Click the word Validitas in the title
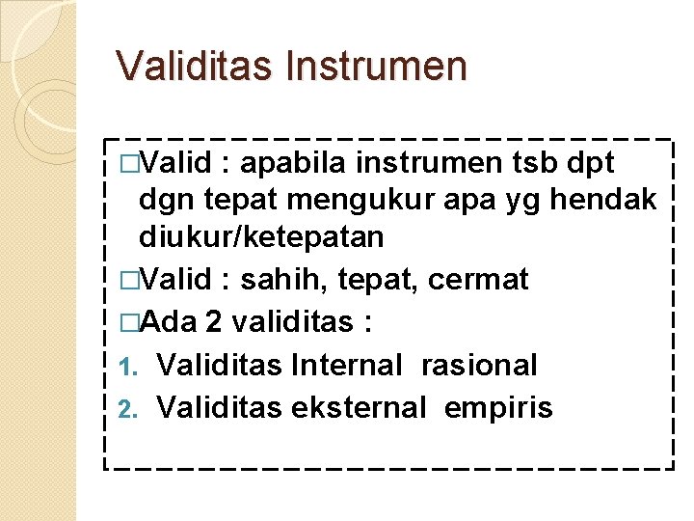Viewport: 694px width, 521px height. click(x=195, y=67)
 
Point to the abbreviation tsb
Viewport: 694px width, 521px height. click(x=538, y=163)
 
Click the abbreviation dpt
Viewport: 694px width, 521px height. click(x=594, y=163)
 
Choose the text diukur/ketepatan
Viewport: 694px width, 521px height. click(x=261, y=236)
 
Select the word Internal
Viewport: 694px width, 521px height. click(x=346, y=365)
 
